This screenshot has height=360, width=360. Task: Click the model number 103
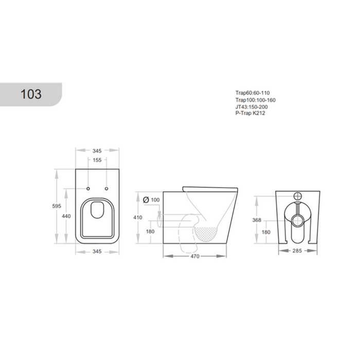coord(31,94)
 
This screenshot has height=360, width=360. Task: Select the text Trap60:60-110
coord(253,93)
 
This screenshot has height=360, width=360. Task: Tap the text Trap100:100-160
coord(255,100)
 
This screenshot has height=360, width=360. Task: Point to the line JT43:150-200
coord(251,107)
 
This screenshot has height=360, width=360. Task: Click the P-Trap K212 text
coord(250,113)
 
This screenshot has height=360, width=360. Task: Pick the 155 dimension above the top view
coord(97,160)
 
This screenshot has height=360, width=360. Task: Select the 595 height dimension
coord(57,206)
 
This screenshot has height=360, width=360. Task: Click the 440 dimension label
coord(66,216)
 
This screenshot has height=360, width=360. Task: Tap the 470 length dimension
coord(195,256)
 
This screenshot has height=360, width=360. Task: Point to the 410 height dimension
coord(138,218)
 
